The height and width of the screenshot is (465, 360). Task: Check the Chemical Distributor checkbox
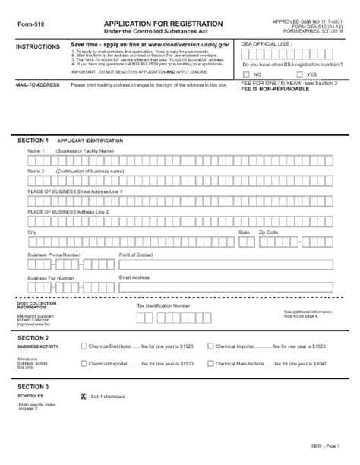[84, 346]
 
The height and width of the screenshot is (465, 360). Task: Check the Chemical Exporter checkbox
[84, 363]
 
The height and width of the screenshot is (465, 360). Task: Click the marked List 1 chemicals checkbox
[84, 397]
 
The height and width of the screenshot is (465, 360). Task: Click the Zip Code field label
[268, 232]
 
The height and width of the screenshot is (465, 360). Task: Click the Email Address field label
[134, 277]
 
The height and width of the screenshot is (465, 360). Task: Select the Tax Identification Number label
[163, 305]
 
